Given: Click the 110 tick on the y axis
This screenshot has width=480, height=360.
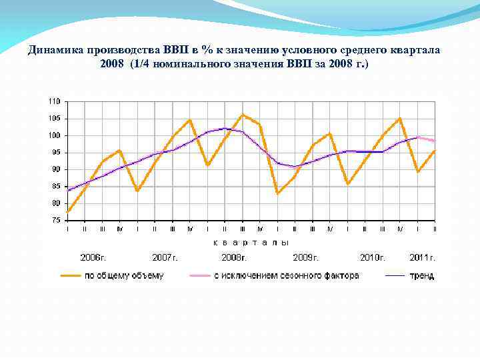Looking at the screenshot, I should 53,101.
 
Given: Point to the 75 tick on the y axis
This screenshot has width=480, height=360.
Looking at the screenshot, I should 55,220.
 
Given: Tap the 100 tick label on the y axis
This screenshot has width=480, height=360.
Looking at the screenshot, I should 53,135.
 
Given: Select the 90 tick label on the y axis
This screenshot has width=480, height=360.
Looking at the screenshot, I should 55,169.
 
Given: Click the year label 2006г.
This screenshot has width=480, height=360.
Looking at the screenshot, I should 93,257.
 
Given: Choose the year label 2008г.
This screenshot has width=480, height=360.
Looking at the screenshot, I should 235,257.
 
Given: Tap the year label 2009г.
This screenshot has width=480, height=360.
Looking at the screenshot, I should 306,257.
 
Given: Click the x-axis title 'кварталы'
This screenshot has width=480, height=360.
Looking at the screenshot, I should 251,243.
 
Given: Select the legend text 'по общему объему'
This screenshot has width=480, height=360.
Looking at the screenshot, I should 123,275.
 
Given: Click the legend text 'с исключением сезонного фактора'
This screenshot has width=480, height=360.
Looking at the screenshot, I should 286,275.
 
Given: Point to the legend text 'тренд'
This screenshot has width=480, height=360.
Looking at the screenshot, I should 422,275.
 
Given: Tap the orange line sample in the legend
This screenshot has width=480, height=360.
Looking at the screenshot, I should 70,275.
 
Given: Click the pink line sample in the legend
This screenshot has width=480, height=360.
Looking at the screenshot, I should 200,275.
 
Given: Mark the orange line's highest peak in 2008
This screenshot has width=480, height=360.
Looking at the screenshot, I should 242,115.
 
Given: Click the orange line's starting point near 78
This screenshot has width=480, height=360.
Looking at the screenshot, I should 68,211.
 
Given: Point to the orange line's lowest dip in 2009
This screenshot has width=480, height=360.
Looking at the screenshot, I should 277,193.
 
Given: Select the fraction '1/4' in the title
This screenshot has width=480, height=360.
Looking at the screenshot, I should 141,63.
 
